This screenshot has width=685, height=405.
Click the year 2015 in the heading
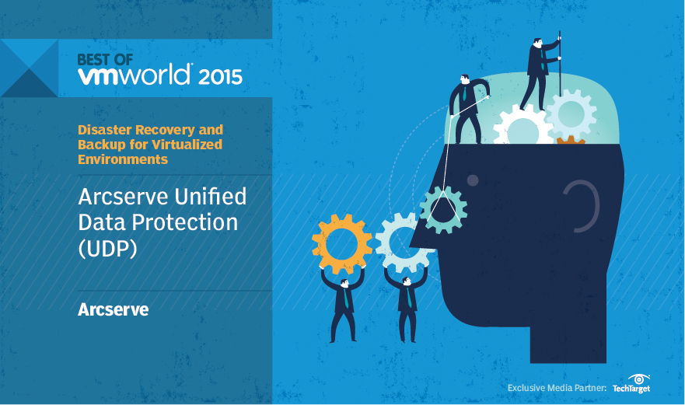(x=220, y=77)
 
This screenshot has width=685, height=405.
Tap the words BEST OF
(x=105, y=60)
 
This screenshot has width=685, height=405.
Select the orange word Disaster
(x=105, y=130)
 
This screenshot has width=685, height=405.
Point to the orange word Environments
(x=123, y=159)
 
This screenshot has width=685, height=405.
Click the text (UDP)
(x=107, y=249)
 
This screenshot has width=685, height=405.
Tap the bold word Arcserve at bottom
(x=114, y=309)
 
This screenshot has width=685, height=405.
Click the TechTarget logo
(x=631, y=384)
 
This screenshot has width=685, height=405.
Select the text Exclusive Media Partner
(x=557, y=388)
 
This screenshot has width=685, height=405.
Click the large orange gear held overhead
(x=341, y=243)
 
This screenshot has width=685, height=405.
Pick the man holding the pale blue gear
(x=407, y=305)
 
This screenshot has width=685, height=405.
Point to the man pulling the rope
(x=467, y=109)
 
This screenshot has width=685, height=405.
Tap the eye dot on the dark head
(x=473, y=180)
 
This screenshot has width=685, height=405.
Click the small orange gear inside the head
(x=571, y=140)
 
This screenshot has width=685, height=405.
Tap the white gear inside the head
(x=522, y=127)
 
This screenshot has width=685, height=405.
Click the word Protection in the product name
(x=185, y=222)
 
